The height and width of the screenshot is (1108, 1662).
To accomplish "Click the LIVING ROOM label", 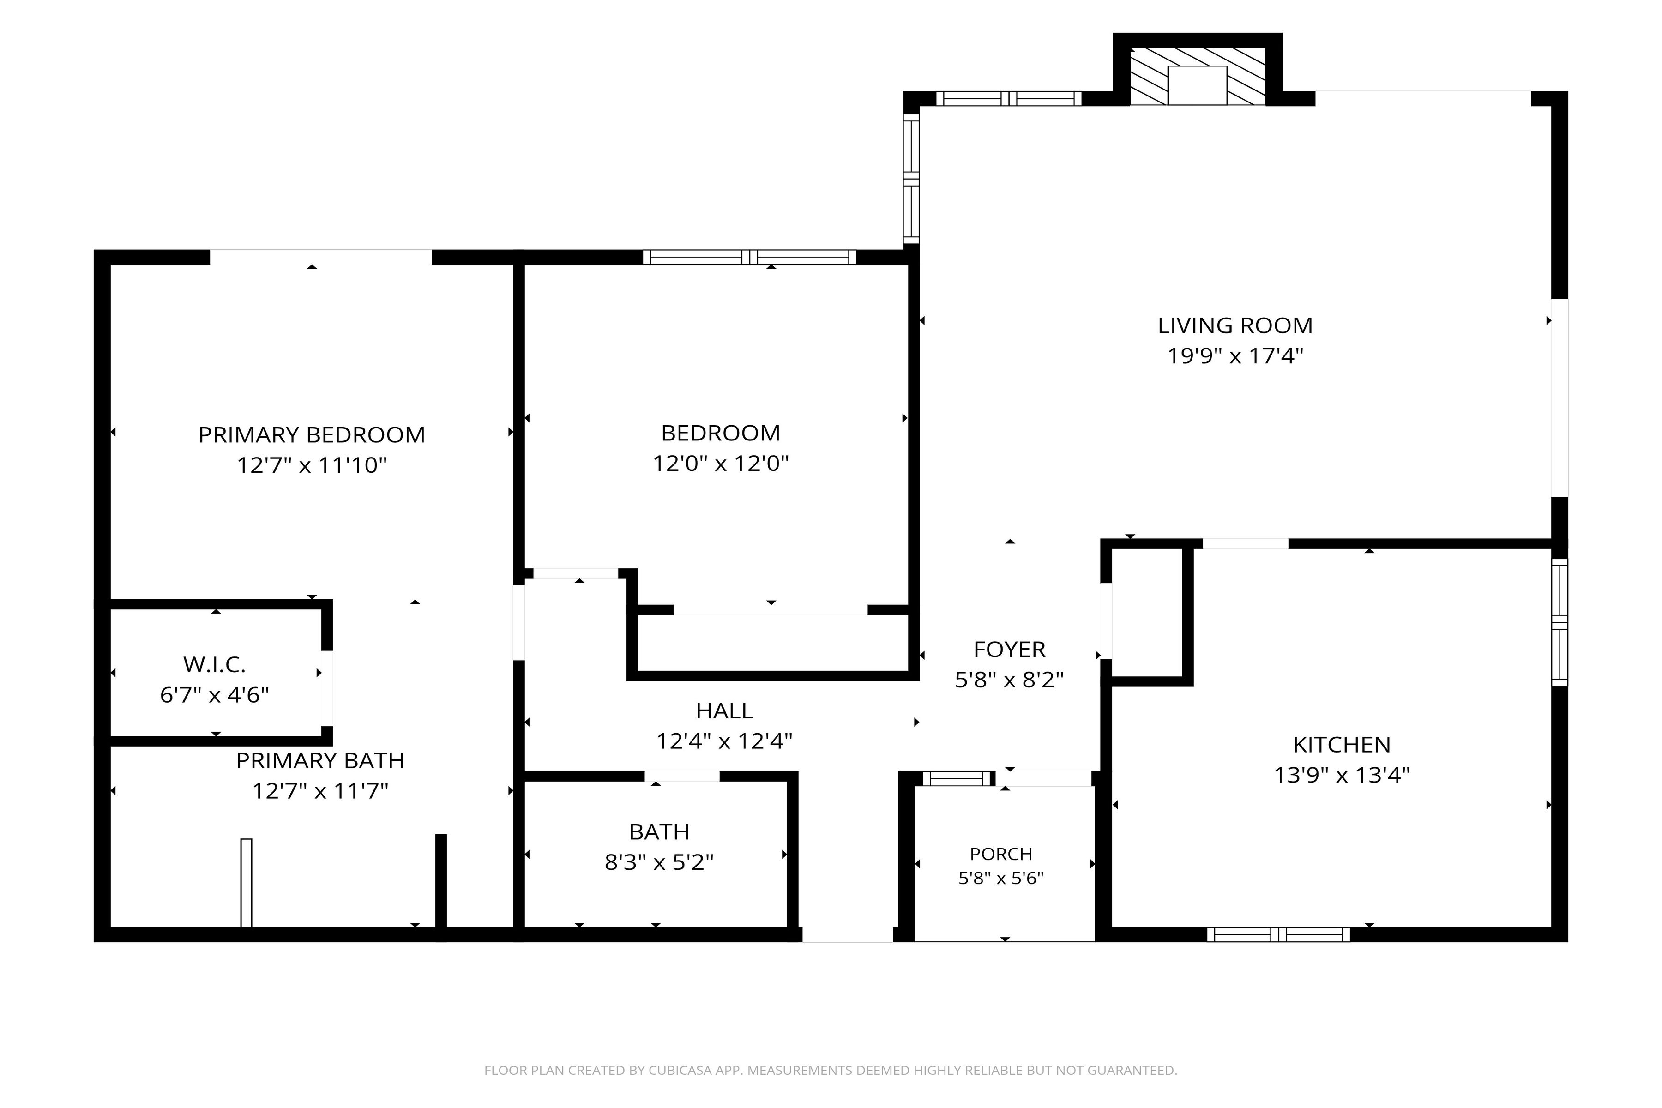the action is pyautogui.click(x=1235, y=326).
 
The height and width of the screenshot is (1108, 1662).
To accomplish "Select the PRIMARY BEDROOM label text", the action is pyautogui.click(x=312, y=434).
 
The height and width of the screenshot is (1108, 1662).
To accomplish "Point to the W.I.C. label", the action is pyautogui.click(x=214, y=664).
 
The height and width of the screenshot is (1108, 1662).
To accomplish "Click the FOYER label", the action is pyautogui.click(x=1009, y=649).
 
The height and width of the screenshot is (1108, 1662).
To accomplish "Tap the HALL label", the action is pyautogui.click(x=724, y=710).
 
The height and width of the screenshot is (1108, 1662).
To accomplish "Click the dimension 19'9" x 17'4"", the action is pyautogui.click(x=1235, y=355).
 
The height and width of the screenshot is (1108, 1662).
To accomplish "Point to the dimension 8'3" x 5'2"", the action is pyautogui.click(x=659, y=862).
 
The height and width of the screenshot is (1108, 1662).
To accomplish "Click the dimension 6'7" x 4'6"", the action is pyautogui.click(x=214, y=695).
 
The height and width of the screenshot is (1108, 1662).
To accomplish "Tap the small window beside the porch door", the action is pyautogui.click(x=957, y=779).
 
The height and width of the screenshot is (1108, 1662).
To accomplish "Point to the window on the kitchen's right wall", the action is pyautogui.click(x=1560, y=622).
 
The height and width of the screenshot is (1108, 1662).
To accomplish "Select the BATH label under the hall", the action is pyautogui.click(x=659, y=832).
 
